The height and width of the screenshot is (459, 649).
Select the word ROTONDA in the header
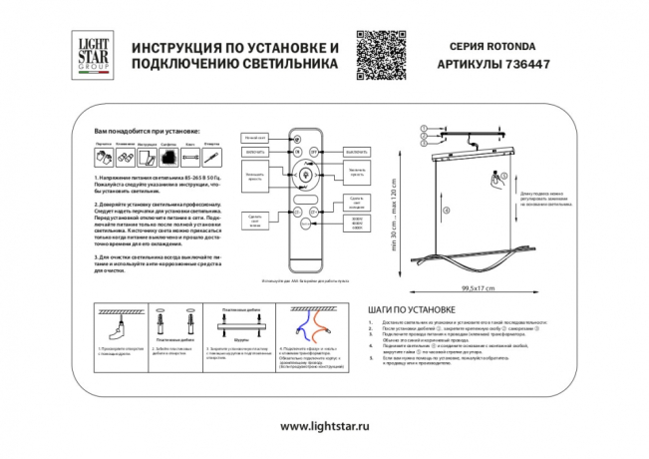click(513, 45)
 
